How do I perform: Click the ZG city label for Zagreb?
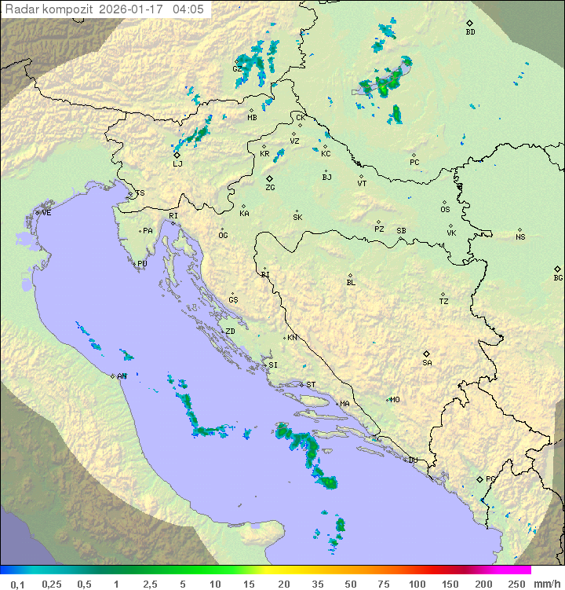click(x=270, y=188)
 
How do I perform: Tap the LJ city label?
click(x=177, y=164)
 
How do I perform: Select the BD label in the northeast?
click(x=470, y=32)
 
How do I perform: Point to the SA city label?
click(x=427, y=362)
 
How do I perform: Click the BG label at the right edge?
click(x=558, y=277)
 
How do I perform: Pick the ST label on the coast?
click(x=311, y=385)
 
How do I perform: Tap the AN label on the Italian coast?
click(x=122, y=376)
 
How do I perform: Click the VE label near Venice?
click(x=46, y=213)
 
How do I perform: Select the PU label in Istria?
click(x=142, y=264)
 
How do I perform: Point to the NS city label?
click(x=520, y=237)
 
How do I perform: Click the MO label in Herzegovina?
click(x=395, y=399)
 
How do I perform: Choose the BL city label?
click(x=351, y=283)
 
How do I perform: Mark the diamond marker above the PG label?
click(x=480, y=478)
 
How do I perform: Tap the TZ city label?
click(x=444, y=301)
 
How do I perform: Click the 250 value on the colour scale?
click(x=516, y=584)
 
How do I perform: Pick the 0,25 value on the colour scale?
click(x=52, y=584)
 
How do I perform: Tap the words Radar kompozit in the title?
click(x=49, y=9)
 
